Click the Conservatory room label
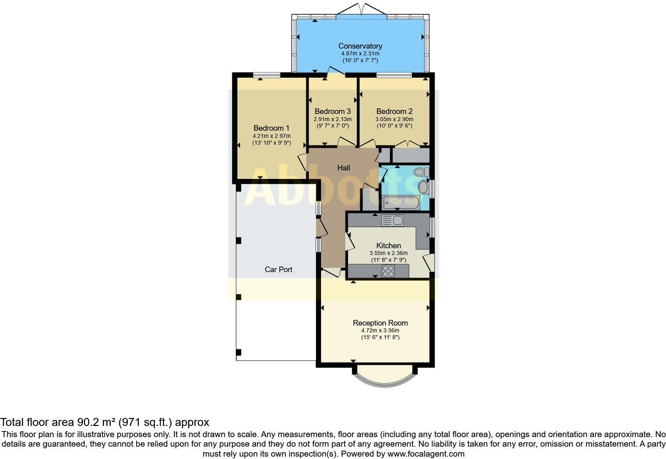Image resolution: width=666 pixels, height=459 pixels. coord(360,46)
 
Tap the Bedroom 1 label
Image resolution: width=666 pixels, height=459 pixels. coord(271,128)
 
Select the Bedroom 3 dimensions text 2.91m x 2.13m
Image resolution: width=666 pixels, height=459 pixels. coord(332,119)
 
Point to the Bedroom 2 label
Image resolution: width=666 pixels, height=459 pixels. coord(394,111)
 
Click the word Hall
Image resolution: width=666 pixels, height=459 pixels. coord(343,168)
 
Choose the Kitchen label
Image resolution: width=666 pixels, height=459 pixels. coord(388,245)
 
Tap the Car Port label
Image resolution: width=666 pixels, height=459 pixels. coord(278,269)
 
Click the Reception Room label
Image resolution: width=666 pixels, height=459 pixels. coord(380,323)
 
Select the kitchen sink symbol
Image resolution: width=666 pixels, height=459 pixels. coord(392,220)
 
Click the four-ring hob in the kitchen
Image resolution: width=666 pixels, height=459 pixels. coord(388,271)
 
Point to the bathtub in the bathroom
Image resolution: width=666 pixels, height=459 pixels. coord(400,202)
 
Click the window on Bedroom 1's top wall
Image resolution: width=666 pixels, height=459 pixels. coord(267,75)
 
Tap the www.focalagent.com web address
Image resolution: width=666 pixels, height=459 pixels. coord(425,453)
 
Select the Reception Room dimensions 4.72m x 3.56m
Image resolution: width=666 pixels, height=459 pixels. coord(380,330)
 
